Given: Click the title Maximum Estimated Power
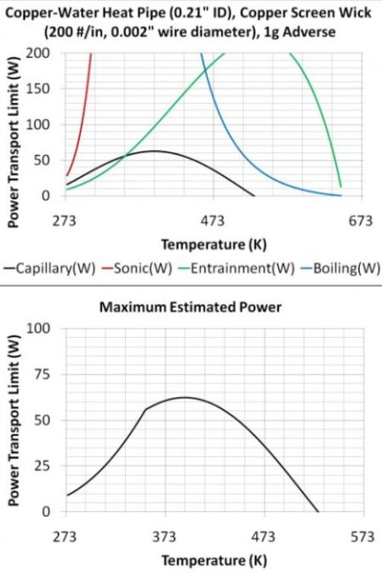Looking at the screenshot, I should click(x=191, y=307).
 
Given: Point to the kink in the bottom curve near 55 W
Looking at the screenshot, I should click(x=145, y=410).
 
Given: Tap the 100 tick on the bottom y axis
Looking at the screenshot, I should click(x=38, y=328).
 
